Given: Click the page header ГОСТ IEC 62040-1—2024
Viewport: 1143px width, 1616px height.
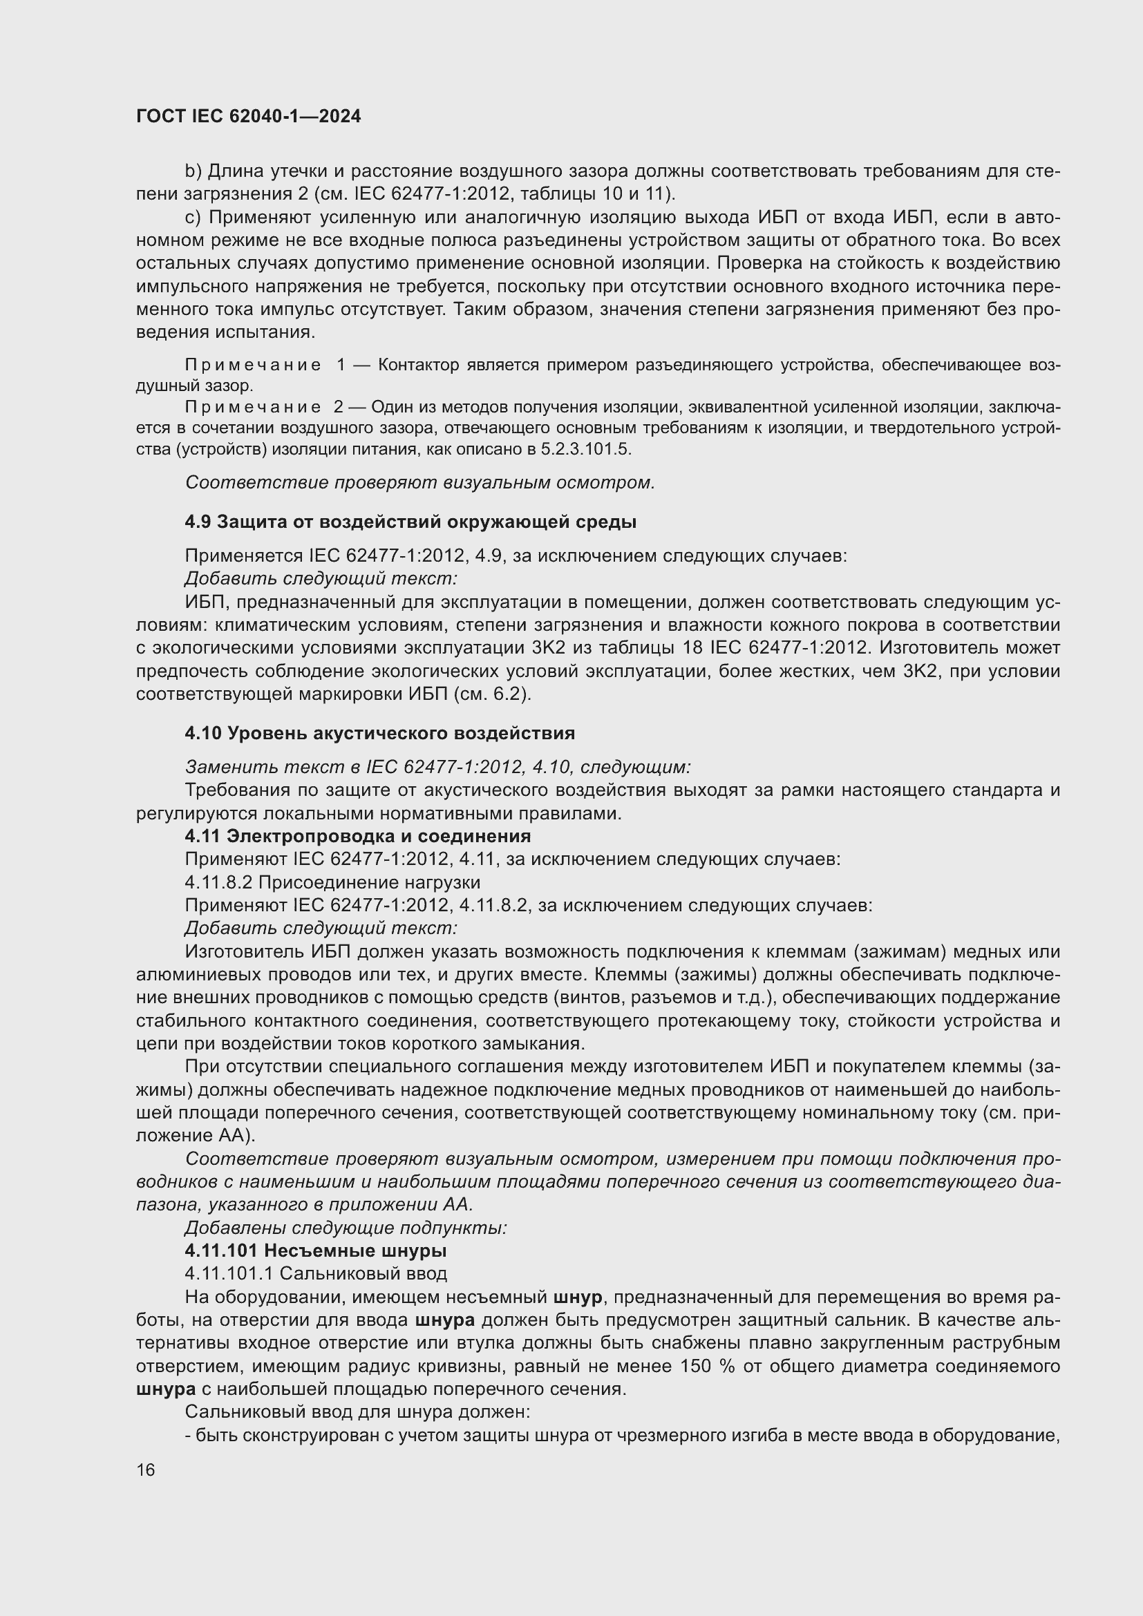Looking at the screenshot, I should (248, 116).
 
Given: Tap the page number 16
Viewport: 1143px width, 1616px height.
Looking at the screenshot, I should (146, 1470).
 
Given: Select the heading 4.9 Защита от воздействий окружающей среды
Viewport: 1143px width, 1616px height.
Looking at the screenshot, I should (410, 522).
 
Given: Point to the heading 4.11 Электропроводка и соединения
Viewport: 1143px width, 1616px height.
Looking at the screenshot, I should (357, 835).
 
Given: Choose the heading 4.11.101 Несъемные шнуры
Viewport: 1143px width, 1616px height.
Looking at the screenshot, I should (315, 1250).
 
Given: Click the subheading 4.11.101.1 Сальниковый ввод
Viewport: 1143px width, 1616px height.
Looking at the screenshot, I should (315, 1273).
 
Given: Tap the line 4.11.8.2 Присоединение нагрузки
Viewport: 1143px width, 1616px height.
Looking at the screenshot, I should (332, 882).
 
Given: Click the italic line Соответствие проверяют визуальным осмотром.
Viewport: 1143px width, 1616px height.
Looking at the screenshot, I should (419, 482).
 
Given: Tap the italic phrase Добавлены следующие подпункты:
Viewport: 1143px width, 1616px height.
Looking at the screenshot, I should (346, 1228).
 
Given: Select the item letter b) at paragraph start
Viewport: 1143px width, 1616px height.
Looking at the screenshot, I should (193, 171).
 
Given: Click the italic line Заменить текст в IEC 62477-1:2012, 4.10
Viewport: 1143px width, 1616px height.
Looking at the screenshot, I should (437, 766).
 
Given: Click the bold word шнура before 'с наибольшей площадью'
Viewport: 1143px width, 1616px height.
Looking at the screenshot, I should (165, 1389).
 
